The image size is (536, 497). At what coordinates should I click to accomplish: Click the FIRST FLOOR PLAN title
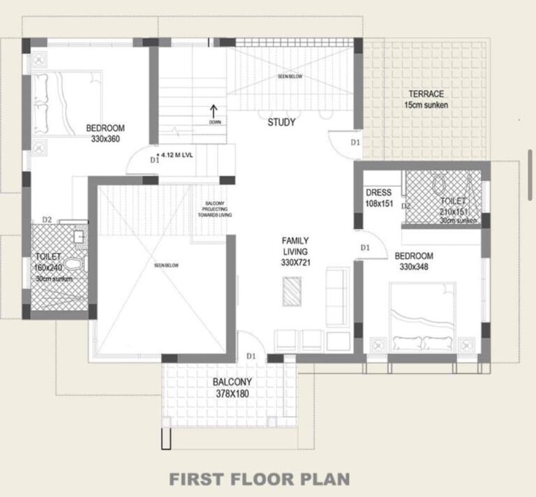pos(260,480)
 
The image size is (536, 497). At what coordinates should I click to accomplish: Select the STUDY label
pos(281,123)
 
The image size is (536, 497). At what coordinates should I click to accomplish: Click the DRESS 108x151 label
pos(379,198)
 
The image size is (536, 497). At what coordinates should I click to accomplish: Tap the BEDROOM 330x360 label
pos(105,133)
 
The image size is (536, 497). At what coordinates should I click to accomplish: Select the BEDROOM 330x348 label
pos(413,261)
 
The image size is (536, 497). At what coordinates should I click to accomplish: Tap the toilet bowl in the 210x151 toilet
pos(439,185)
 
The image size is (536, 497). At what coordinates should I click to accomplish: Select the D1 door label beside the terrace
pos(355,142)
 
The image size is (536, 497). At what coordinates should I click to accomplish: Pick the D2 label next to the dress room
pos(405,206)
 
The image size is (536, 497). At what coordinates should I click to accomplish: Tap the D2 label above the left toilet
pos(47,220)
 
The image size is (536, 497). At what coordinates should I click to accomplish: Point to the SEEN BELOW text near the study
pos(290,76)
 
